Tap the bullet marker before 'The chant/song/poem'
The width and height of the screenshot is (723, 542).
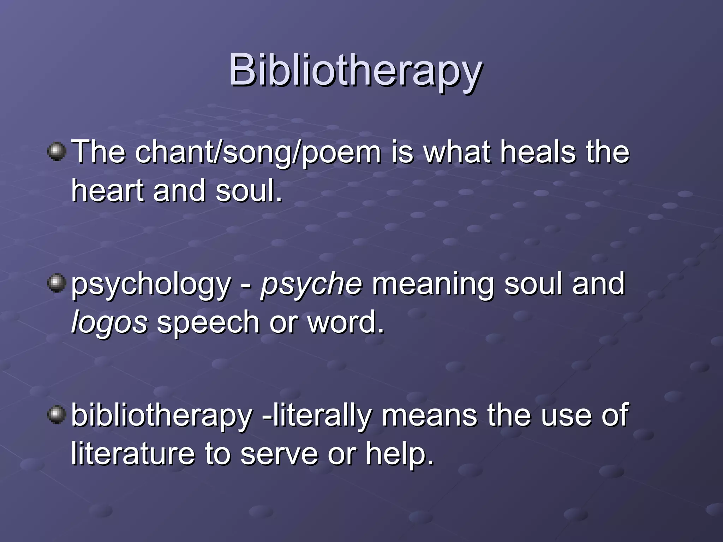tap(56, 152)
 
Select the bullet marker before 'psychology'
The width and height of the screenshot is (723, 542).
tap(56, 284)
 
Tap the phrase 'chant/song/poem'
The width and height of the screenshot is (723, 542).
tap(258, 152)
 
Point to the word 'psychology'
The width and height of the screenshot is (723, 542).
tap(151, 284)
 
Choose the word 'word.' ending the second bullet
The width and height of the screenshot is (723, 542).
tap(346, 322)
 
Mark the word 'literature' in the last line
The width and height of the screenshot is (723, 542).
tap(133, 454)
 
